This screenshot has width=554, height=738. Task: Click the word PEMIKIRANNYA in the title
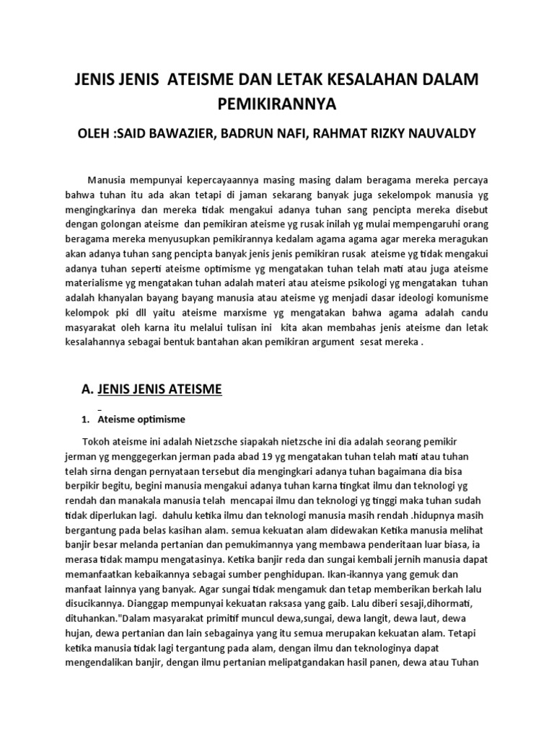pos(277,105)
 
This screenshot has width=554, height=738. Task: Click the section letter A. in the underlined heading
pos(87,391)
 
